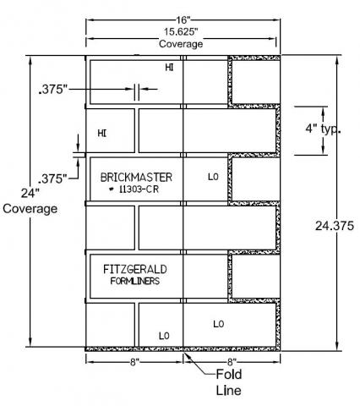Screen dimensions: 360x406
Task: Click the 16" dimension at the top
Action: click(183, 20)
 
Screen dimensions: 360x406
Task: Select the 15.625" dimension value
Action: click(181, 32)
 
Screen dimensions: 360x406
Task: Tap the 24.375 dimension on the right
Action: click(335, 226)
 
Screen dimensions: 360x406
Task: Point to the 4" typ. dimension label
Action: click(323, 129)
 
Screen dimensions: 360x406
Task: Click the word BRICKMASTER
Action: click(136, 178)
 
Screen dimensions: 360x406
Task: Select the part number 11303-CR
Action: click(139, 189)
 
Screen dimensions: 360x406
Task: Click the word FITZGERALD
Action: click(135, 269)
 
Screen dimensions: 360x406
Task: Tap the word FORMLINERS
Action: click(135, 281)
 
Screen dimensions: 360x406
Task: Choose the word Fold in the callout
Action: click(229, 375)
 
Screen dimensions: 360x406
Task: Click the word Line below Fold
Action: click(228, 391)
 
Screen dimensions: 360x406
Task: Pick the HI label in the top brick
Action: click(169, 68)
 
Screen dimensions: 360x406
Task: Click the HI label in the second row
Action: click(102, 134)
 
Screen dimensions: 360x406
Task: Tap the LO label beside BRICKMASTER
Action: click(213, 177)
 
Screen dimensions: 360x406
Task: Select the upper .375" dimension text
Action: click(53, 90)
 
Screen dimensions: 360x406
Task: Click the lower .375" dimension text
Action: click(52, 178)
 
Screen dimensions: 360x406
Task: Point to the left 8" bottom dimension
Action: click(134, 362)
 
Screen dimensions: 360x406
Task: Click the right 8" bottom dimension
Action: click(232, 362)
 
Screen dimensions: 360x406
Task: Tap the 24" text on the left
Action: click(30, 194)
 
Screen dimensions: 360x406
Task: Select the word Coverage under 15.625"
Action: click(181, 44)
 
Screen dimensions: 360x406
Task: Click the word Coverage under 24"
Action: click(30, 209)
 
